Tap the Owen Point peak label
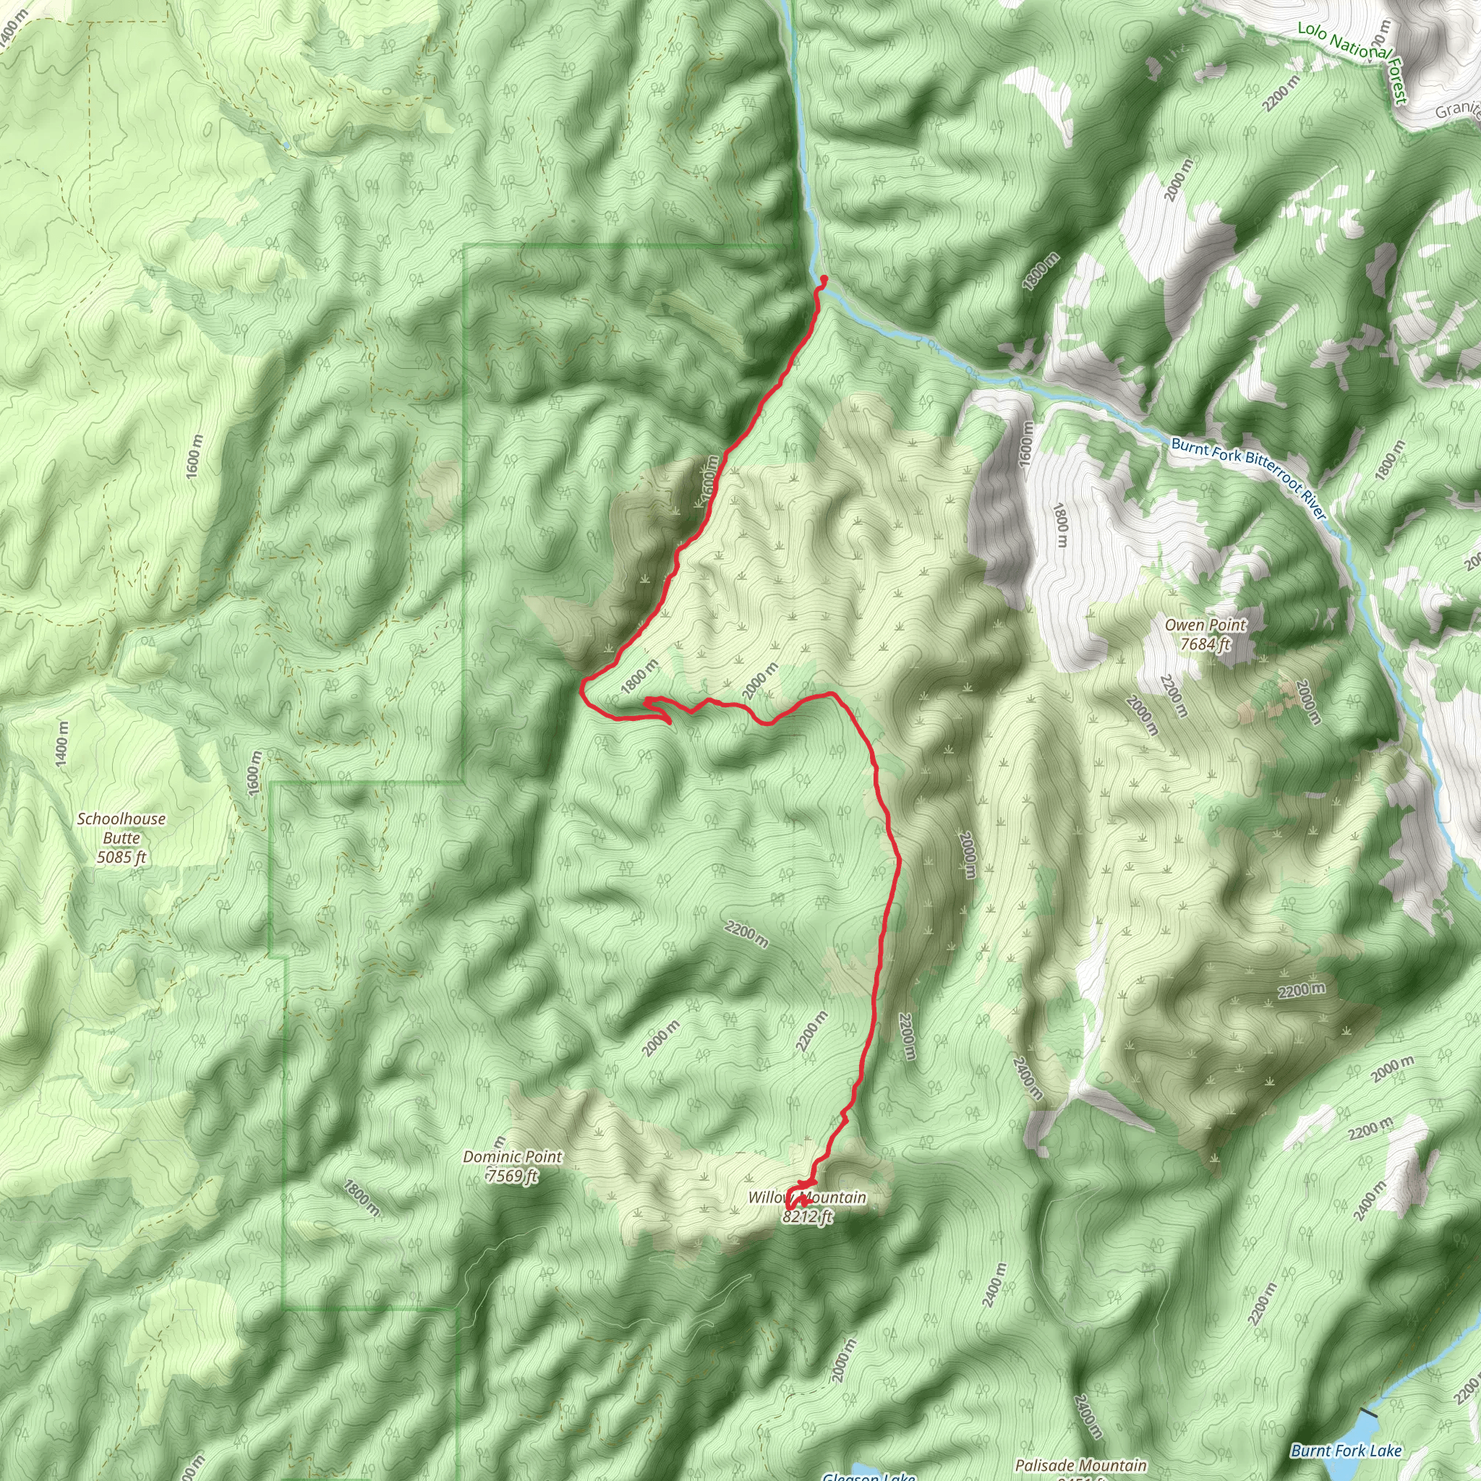pos(1205,626)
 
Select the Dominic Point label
pos(512,1157)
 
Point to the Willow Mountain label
pos(807,1198)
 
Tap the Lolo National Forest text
pos(1353,61)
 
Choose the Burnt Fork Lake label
pos(1346,1451)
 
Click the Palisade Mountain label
pos(1081,1466)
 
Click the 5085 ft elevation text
pos(121,857)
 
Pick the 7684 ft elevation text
pos(1205,644)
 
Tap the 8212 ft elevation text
pos(808,1216)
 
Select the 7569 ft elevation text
pos(512,1176)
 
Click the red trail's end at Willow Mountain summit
pos(789,1209)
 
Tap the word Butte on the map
pos(121,838)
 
